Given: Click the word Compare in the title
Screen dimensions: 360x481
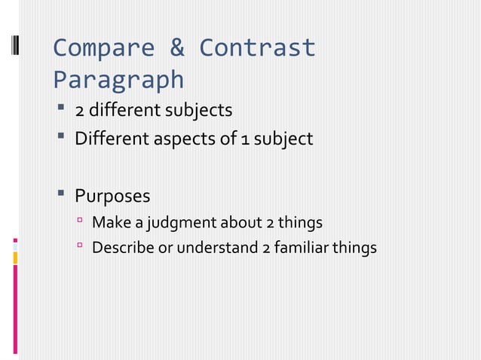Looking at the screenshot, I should tap(103, 48).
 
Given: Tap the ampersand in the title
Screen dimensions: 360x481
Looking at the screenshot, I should tap(176, 48).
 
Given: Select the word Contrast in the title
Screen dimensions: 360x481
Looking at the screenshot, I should tap(257, 48).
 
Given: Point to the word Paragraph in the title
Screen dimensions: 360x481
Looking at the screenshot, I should tap(118, 79).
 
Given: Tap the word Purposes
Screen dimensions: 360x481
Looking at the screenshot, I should tap(112, 197).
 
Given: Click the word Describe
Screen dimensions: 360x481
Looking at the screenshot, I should tap(122, 248).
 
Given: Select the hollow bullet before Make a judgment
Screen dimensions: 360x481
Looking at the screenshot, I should tap(78, 222).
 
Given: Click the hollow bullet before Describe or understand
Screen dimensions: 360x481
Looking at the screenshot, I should tap(78, 247).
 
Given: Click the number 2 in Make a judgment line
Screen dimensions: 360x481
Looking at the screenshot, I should tap(269, 223).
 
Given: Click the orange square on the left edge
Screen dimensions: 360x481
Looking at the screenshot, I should tap(16, 258).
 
